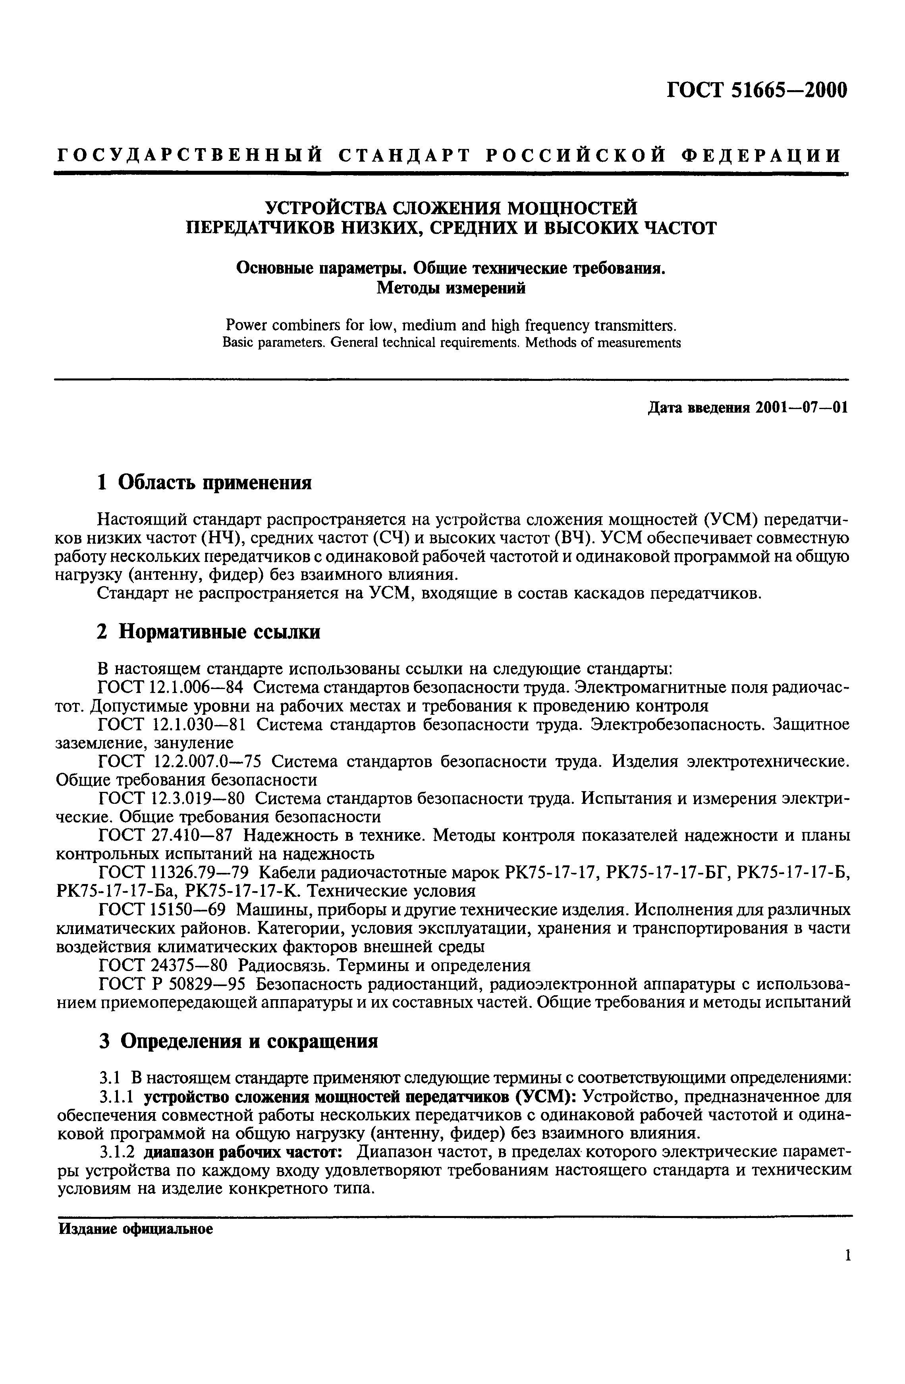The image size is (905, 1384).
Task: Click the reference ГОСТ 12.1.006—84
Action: click(x=170, y=687)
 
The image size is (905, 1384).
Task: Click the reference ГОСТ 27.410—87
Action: click(x=166, y=836)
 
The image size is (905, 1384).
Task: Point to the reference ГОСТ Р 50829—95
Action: click(x=173, y=984)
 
